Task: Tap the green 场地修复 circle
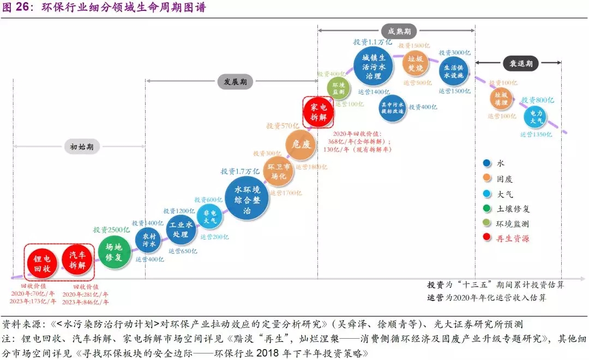point(115,251)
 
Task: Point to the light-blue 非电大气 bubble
point(210,217)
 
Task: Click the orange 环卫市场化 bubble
point(279,171)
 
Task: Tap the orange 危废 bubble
point(300,145)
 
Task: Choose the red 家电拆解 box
point(318,111)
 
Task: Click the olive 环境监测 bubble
point(339,88)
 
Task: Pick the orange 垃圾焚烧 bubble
point(416,64)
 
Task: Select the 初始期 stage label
point(81,147)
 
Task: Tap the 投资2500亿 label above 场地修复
point(111,230)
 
